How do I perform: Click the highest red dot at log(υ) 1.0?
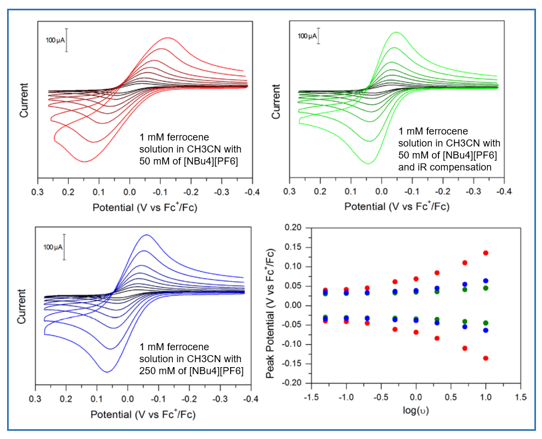(x=485, y=253)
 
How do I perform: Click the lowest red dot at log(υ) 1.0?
(x=485, y=358)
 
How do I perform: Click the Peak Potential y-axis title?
(x=270, y=306)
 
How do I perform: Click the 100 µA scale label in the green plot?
(x=307, y=36)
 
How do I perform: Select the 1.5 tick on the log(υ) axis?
(x=521, y=397)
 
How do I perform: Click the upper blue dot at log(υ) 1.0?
(x=485, y=281)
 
